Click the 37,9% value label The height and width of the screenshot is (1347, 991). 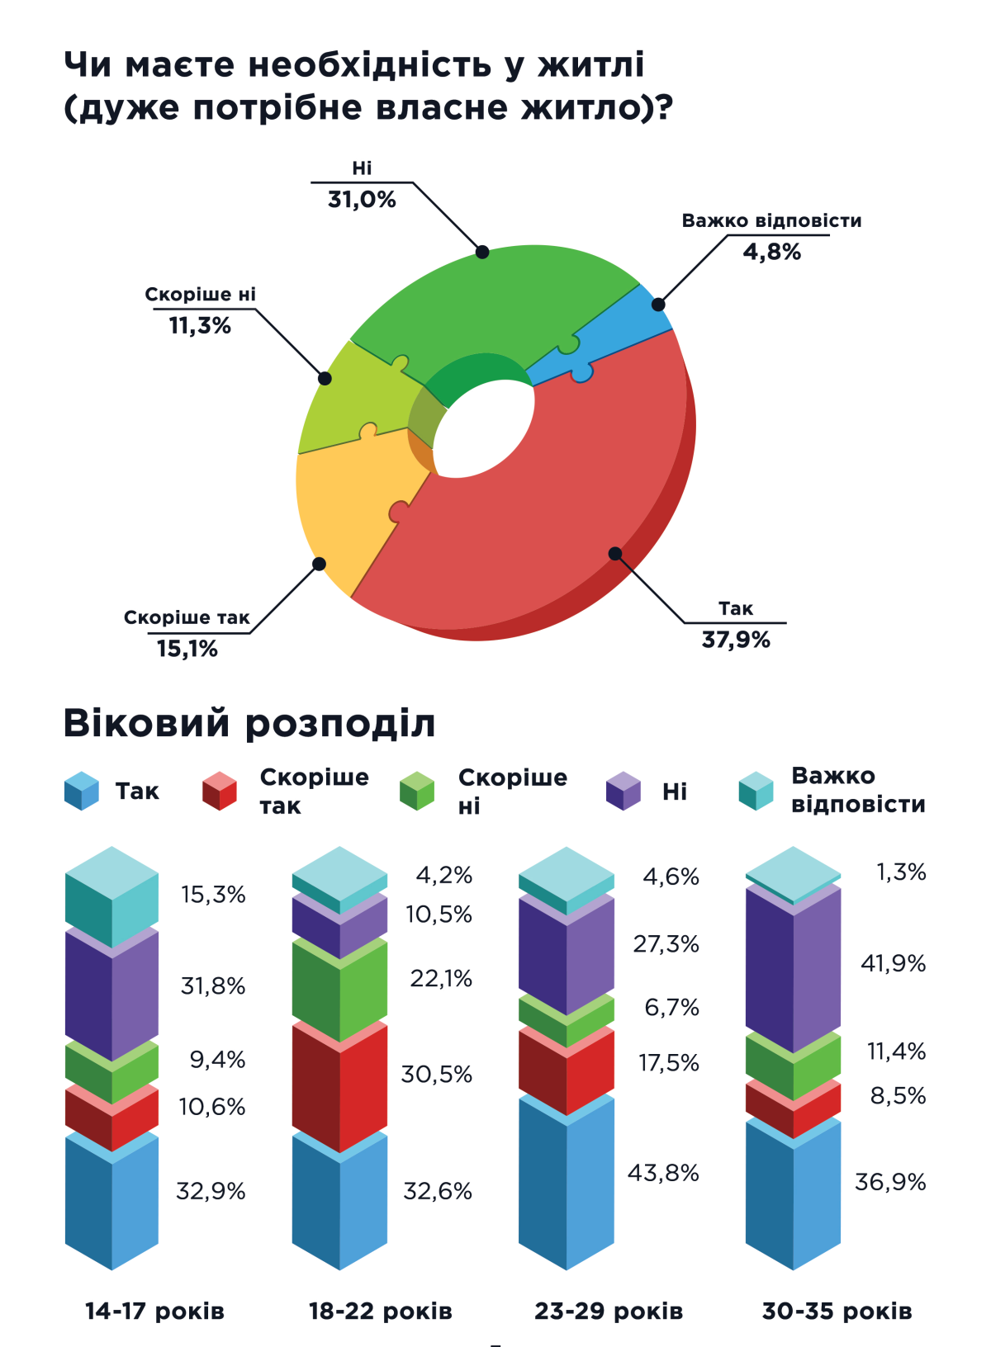pyautogui.click(x=736, y=640)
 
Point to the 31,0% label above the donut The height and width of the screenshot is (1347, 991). pyautogui.click(x=362, y=200)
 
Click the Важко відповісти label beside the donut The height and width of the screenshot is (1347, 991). pyautogui.click(x=771, y=221)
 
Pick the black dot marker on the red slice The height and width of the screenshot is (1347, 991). pyautogui.click(x=615, y=554)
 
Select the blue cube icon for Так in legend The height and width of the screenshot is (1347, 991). pyautogui.click(x=82, y=792)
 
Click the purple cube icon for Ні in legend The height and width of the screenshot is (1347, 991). pyautogui.click(x=624, y=792)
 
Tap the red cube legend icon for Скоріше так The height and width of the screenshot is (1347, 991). pyautogui.click(x=220, y=792)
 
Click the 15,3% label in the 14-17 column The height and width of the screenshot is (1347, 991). pyautogui.click(x=213, y=895)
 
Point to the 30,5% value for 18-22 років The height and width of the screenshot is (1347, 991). pyautogui.click(x=437, y=1075)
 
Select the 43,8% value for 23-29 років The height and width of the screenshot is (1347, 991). pyautogui.click(x=663, y=1173)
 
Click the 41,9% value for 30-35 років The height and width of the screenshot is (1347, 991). pyautogui.click(x=893, y=963)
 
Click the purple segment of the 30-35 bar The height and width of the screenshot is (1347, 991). pyautogui.click(x=793, y=970)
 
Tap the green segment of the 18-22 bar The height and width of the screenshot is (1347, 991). pyautogui.click(x=339, y=990)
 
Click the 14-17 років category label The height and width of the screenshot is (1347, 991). pyautogui.click(x=154, y=1312)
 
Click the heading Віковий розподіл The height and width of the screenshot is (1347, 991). pyautogui.click(x=249, y=723)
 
